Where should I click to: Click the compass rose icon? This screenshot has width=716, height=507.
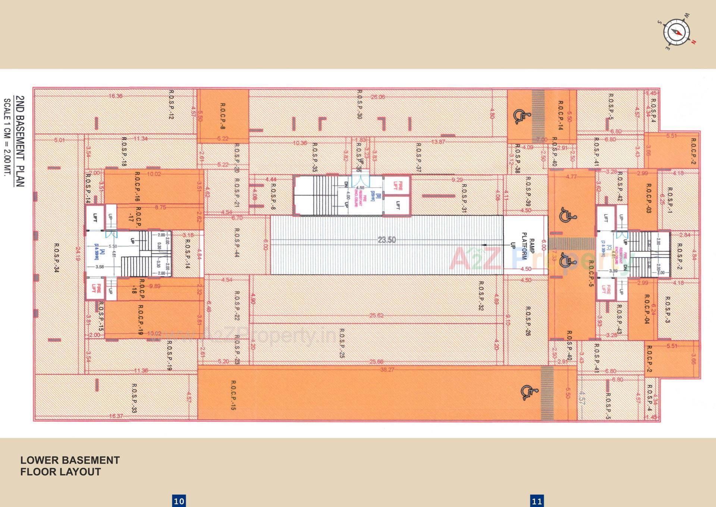tap(676, 32)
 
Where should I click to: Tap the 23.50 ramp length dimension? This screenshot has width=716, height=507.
tap(386, 240)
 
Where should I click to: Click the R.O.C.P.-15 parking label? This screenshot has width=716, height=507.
tap(233, 395)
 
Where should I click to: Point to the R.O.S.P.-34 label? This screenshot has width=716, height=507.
tap(57, 258)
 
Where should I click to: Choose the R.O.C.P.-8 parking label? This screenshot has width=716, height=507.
tap(223, 116)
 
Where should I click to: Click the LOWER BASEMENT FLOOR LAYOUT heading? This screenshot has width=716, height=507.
tap(70, 466)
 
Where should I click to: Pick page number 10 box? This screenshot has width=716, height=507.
tap(179, 501)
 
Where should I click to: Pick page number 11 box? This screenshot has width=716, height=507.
tap(537, 501)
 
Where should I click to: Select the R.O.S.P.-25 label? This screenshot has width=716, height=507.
tap(342, 343)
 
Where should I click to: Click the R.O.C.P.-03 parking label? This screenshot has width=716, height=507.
tap(649, 198)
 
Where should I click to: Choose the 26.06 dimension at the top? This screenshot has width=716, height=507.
tap(377, 97)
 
